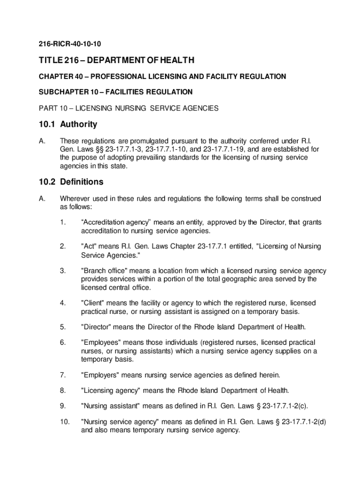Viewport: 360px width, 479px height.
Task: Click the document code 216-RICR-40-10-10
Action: [x=70, y=44]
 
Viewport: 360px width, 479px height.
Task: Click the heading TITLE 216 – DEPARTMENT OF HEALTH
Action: [x=116, y=60]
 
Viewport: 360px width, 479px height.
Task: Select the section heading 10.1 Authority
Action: [x=68, y=124]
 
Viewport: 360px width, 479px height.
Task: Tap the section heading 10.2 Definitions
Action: [x=71, y=181]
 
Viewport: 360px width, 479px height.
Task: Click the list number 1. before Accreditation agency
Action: [x=63, y=223]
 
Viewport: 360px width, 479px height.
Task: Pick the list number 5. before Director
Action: [x=63, y=327]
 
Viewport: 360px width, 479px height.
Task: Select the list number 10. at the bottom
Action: [x=65, y=421]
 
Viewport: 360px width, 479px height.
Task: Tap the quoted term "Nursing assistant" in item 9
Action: [x=110, y=406]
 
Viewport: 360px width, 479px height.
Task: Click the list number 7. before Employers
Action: [x=63, y=375]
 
